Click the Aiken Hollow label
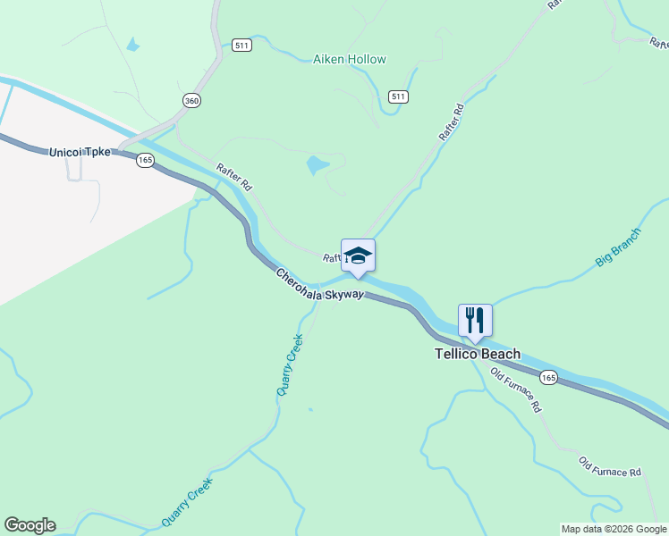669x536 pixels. (350, 60)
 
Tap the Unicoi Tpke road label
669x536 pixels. (80, 152)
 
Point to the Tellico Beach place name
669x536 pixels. (478, 354)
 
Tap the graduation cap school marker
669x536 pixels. (358, 255)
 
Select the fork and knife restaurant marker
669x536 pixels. (475, 320)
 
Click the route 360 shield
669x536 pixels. (191, 101)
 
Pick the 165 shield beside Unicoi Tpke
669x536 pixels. (146, 160)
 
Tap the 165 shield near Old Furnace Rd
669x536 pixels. (548, 378)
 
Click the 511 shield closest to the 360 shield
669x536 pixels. (240, 46)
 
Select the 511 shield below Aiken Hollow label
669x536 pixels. (399, 96)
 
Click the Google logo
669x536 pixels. (30, 525)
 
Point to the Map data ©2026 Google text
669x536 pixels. (614, 529)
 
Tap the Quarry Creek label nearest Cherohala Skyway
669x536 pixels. (290, 365)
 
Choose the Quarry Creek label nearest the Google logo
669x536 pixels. (187, 501)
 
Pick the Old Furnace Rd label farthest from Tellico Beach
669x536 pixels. (611, 465)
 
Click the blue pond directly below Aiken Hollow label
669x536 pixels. (317, 165)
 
